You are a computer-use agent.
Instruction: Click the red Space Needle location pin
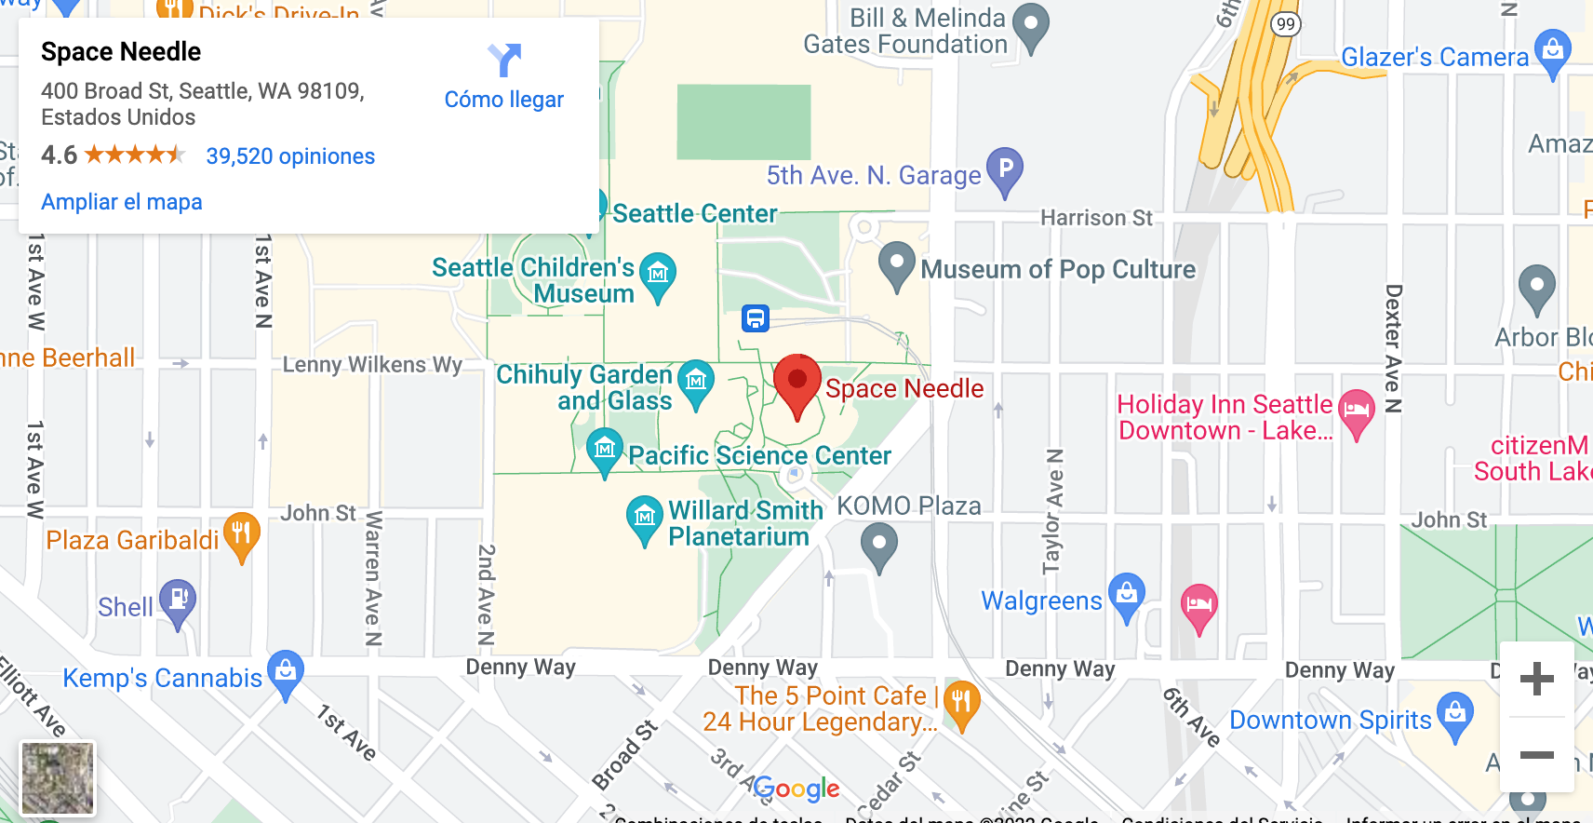pos(797,383)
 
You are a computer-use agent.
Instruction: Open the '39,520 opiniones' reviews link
pos(290,156)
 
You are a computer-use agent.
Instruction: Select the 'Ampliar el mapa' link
pos(122,202)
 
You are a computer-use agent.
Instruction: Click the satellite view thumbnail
pos(58,778)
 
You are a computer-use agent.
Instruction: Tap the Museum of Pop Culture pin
pos(897,264)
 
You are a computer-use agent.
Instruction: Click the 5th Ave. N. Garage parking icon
pos(1005,169)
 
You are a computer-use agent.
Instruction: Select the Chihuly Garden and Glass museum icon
pos(696,382)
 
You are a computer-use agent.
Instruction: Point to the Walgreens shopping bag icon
pos(1127,594)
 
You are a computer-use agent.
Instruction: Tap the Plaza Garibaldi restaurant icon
pos(241,534)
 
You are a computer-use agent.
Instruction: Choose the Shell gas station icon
pos(178,600)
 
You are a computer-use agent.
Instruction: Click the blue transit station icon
pos(756,318)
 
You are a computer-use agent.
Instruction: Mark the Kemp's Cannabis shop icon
pos(286,672)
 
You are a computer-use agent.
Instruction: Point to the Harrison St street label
pos(1096,218)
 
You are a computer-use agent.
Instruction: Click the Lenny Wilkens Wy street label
pos(372,364)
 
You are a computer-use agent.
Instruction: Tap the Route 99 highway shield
pos(1285,24)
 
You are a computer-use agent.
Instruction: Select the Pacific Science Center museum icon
pos(605,451)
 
